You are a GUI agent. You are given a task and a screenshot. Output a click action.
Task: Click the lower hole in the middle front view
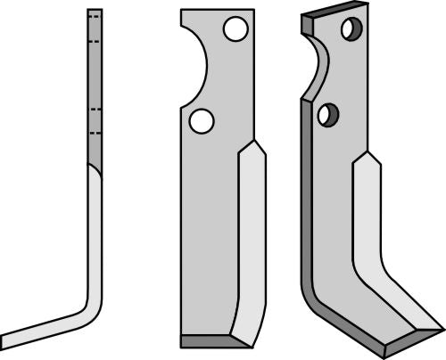[202, 119]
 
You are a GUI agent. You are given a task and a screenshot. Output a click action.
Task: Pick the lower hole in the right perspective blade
[328, 114]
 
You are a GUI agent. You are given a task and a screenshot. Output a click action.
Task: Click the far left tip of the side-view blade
[4, 341]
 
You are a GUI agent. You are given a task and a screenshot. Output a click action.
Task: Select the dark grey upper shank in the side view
[95, 89]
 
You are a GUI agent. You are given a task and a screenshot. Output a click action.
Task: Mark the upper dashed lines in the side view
[95, 20]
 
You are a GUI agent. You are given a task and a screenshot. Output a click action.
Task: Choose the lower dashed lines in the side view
[95, 119]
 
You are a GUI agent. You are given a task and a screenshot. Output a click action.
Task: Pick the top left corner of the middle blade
[182, 11]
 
